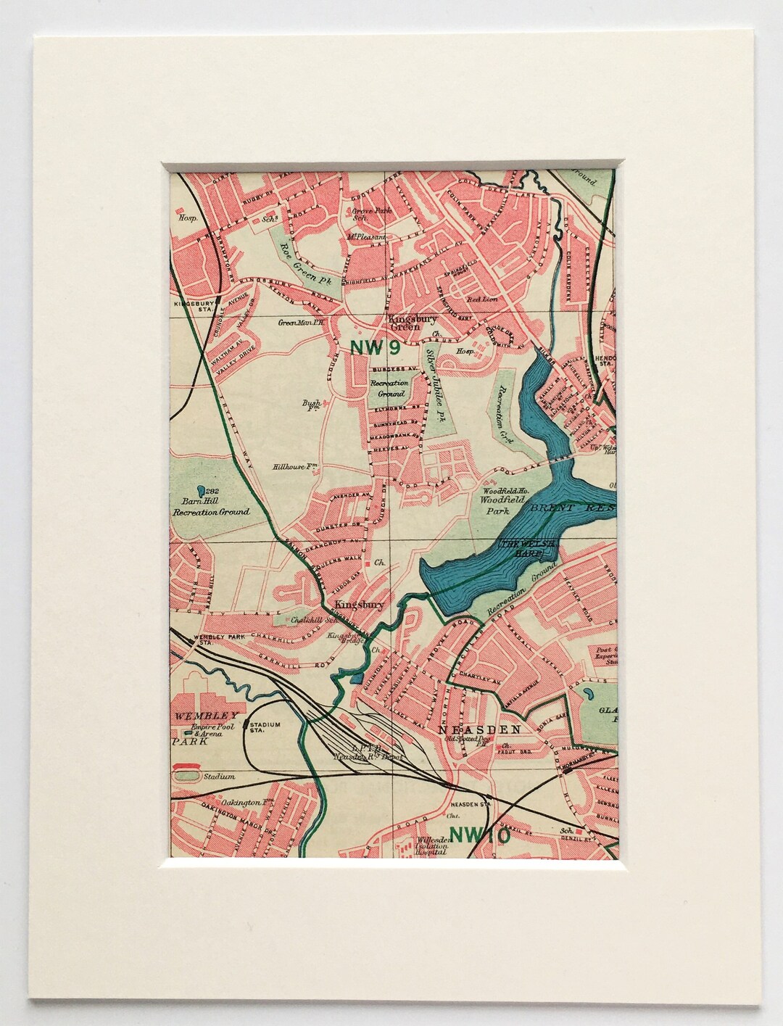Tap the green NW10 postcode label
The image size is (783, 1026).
click(480, 835)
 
